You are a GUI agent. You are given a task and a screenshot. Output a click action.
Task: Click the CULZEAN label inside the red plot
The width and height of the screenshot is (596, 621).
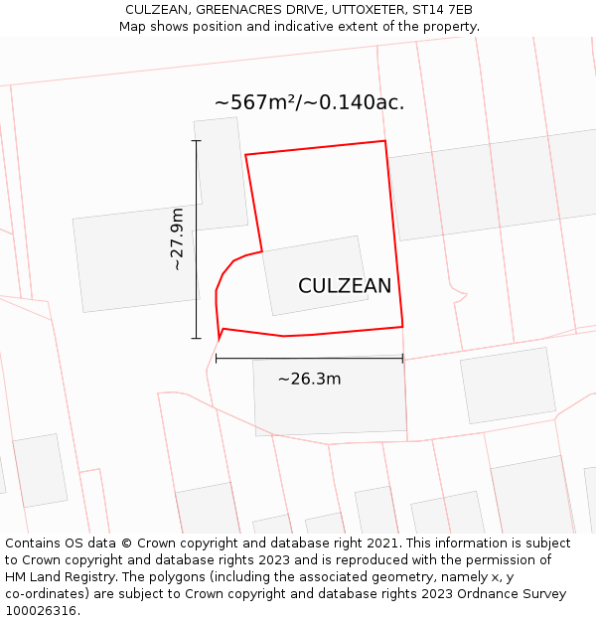[345, 286]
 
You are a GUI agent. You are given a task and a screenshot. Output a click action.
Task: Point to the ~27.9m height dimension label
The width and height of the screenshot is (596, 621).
[177, 239]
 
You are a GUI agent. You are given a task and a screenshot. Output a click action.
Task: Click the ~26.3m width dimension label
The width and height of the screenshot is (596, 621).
[309, 379]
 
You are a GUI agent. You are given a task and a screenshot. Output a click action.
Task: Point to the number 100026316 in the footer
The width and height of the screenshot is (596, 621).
[43, 610]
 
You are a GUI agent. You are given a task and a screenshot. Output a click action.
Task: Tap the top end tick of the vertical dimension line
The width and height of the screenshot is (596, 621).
[196, 141]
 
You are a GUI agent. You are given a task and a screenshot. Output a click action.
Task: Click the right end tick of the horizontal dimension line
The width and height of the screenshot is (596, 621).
[402, 358]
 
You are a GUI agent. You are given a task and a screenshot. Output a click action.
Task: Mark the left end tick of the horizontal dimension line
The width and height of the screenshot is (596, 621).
[216, 358]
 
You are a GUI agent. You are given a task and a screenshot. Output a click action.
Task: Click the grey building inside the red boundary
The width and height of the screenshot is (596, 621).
[314, 274]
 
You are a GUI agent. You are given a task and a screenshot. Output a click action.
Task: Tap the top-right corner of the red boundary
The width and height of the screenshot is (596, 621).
[384, 141]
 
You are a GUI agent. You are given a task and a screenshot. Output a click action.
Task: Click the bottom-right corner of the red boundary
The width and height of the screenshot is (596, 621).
[402, 326]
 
